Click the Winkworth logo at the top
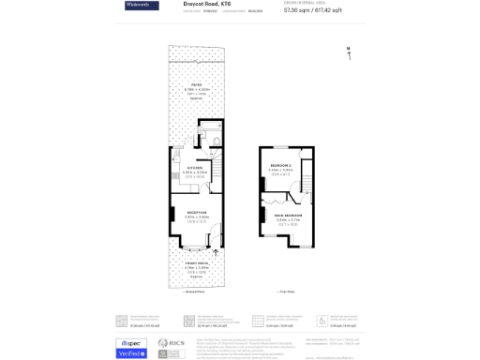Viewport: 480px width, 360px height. coord(142,6)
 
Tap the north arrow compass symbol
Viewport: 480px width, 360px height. coord(349,54)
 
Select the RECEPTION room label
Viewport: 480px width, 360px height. coord(196,212)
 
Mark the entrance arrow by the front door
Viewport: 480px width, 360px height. coord(217,250)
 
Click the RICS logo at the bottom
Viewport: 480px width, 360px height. coord(171,345)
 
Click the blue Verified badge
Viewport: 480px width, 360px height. coord(130,353)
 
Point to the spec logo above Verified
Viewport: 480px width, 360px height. coord(130,343)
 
